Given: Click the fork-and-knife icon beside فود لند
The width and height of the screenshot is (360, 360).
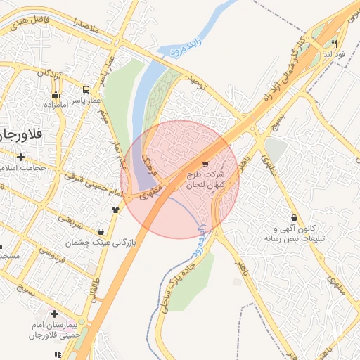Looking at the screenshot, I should click(x=335, y=43).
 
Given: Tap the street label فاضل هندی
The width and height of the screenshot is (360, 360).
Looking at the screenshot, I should click(x=28, y=22).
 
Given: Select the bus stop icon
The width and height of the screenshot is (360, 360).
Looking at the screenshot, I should click(x=86, y=90).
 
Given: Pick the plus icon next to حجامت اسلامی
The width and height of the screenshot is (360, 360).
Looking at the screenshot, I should click(x=21, y=157).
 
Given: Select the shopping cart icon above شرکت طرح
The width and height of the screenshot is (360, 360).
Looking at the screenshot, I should click(x=205, y=165).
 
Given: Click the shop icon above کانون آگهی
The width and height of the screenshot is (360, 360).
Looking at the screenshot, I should click(x=292, y=219).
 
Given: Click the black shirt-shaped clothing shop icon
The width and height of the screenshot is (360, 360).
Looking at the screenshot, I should click(x=115, y=209).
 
